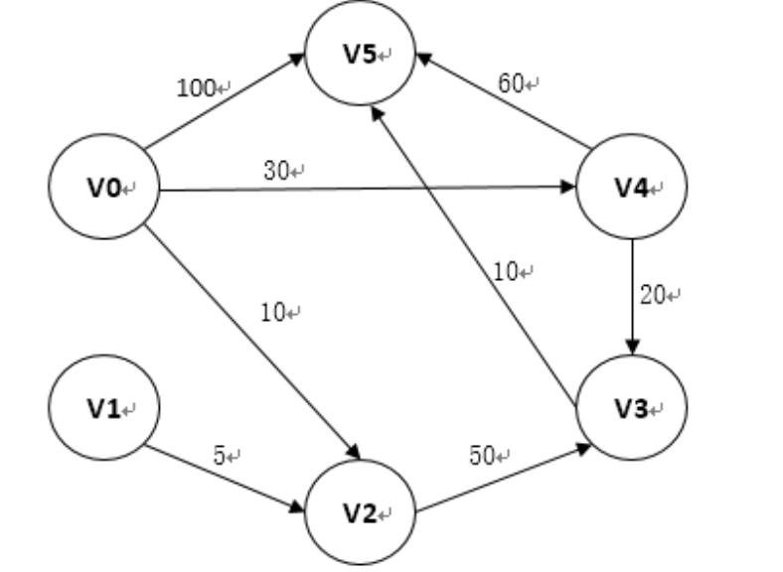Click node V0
click(x=103, y=186)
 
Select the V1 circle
click(x=103, y=407)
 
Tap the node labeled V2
click(x=361, y=512)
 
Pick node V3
click(x=632, y=407)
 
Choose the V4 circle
click(x=632, y=186)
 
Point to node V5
click(x=361, y=55)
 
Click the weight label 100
click(x=197, y=88)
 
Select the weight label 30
click(x=277, y=171)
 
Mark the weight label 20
click(x=654, y=296)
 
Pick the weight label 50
click(x=483, y=456)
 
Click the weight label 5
click(x=221, y=456)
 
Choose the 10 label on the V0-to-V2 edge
click(x=273, y=313)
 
